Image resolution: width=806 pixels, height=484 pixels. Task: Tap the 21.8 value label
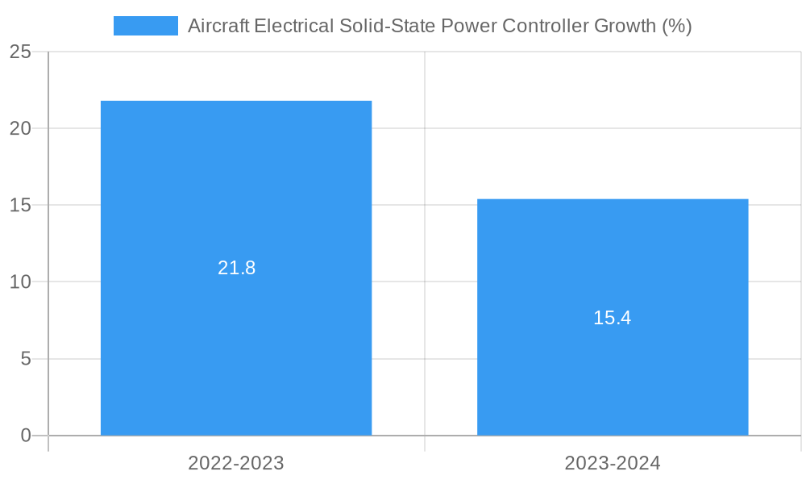coord(236,268)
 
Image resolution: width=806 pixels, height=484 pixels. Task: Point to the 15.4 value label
coord(613,318)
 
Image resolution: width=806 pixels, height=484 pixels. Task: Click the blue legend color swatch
coord(146,26)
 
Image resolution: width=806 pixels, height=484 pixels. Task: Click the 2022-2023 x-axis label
coord(236,463)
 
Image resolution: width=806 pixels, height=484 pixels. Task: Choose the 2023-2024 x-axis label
coord(613,463)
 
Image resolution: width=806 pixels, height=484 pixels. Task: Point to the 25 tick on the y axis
coord(21,52)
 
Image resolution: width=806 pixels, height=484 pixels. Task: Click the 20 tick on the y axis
coord(21,128)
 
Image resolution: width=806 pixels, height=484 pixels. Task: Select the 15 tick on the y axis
coord(21,205)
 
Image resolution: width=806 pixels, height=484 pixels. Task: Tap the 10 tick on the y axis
coord(21,282)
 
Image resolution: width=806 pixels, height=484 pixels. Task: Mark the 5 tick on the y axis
coord(27,358)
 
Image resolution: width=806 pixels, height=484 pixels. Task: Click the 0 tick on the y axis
coord(27,436)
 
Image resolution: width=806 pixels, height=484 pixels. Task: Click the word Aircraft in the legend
coord(218,26)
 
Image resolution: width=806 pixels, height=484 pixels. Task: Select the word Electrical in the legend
coord(293,26)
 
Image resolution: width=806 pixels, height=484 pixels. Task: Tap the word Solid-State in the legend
coord(386,26)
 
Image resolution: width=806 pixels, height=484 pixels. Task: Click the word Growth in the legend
coord(625,26)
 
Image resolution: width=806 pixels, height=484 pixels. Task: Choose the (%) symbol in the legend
coord(677,26)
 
